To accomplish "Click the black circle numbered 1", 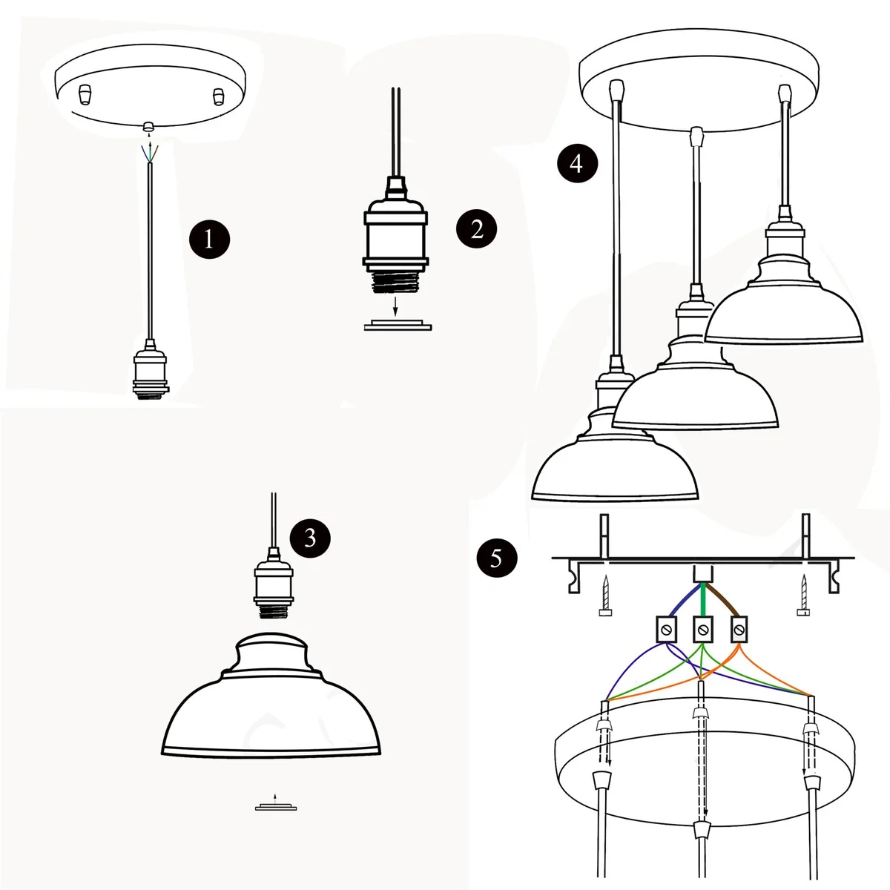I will coord(208,239).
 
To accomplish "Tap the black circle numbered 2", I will coord(476,228).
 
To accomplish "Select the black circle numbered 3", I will coord(310,537).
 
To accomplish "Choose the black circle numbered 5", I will coord(495,557).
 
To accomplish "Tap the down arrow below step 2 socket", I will coord(396,304).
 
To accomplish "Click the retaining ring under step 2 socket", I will coord(398,326).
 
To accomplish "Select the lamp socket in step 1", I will coord(150,372).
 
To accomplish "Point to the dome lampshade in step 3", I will coord(272,705).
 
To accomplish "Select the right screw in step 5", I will coord(803,597).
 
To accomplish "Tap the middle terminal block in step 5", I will coord(702,630).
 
